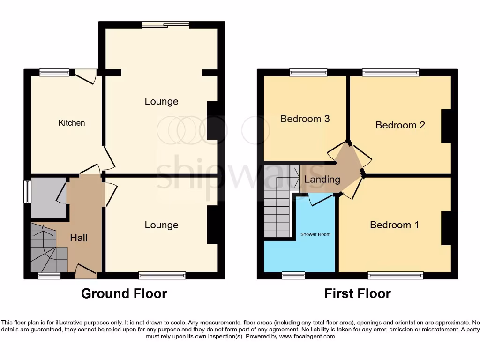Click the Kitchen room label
[x=72, y=123]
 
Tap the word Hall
[x=79, y=238]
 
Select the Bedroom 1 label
[x=394, y=225]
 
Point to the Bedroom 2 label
[x=400, y=125]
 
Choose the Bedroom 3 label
[x=305, y=119]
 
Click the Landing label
[x=322, y=179]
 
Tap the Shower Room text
[x=315, y=234]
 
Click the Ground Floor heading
[x=124, y=293]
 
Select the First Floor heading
[x=357, y=293]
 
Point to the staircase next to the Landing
[x=279, y=202]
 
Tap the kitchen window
[x=54, y=72]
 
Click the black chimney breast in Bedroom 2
[x=446, y=126]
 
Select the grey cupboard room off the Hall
[x=48, y=197]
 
